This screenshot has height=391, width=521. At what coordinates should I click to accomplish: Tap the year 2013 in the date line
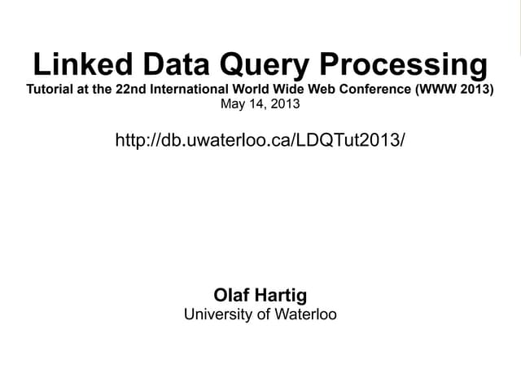(284, 104)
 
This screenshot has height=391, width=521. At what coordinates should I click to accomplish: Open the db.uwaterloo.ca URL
(260, 140)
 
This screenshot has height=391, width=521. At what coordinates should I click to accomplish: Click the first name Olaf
(230, 295)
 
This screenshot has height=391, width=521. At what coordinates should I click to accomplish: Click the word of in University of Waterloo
(261, 314)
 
